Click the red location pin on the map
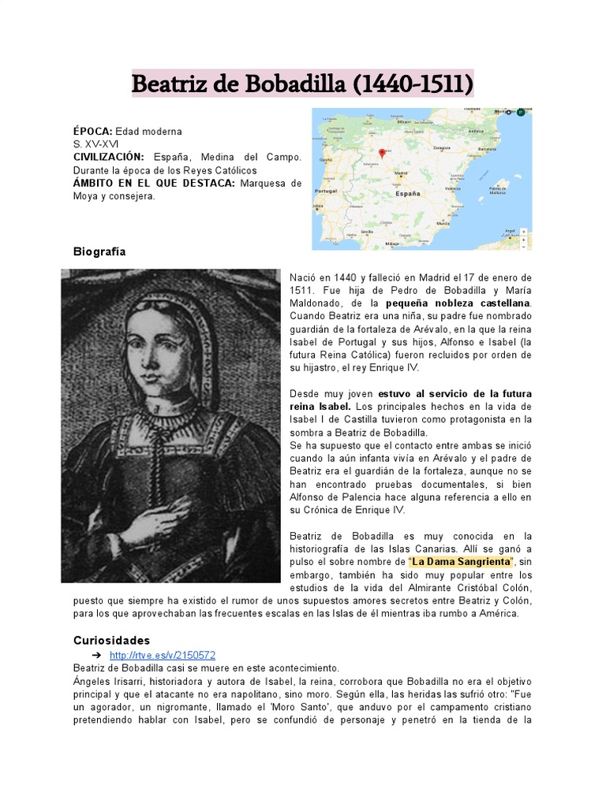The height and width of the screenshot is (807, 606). tap(381, 154)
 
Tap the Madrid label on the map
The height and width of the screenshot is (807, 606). tap(400, 173)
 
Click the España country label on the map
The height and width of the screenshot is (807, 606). tap(407, 192)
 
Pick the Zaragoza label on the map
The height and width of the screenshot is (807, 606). tap(443, 147)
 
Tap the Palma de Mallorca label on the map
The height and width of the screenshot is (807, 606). tap(498, 190)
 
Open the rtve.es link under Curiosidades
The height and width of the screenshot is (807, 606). tap(163, 655)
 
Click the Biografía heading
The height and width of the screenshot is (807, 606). tap(99, 251)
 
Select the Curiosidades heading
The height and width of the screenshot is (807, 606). tap(111, 640)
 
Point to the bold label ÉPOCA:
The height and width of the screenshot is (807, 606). tap(93, 131)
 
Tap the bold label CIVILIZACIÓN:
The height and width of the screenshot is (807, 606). tap(109, 157)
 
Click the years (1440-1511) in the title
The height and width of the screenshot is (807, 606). tap(412, 83)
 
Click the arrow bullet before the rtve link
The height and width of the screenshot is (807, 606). tap(96, 656)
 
